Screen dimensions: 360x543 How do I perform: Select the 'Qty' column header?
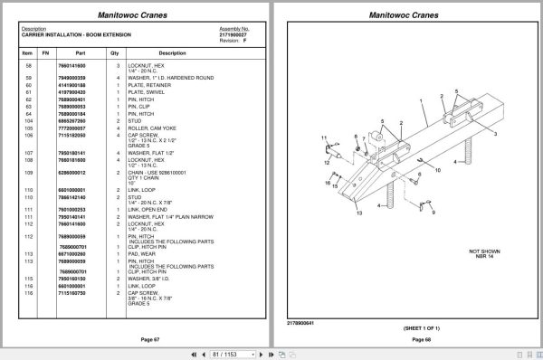click(114, 53)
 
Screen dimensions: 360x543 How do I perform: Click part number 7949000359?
click(71, 78)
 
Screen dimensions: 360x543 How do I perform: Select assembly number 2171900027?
click(233, 34)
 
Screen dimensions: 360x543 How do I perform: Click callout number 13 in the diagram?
click(359, 213)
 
